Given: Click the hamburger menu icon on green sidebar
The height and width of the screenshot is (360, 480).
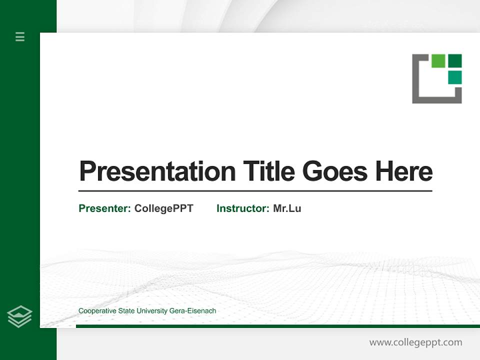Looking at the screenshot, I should pyautogui.click(x=20, y=36).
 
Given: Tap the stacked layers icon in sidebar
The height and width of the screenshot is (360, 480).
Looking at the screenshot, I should pyautogui.click(x=19, y=316).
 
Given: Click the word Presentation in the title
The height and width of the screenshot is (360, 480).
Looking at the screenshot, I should pyautogui.click(x=157, y=171).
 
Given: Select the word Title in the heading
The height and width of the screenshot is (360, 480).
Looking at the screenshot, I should pyautogui.click(x=268, y=171).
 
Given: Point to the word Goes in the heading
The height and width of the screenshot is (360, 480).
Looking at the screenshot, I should pyautogui.click(x=335, y=171).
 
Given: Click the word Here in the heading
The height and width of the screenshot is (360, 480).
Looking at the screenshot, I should pyautogui.click(x=403, y=171).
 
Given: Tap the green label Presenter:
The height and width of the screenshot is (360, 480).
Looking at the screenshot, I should pyautogui.click(x=104, y=208).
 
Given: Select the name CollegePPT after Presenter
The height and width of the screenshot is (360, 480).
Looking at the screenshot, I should pyautogui.click(x=163, y=208).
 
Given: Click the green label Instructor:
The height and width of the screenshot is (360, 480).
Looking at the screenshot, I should pyautogui.click(x=242, y=208).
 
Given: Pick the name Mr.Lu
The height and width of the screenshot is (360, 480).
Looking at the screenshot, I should pyautogui.click(x=287, y=208).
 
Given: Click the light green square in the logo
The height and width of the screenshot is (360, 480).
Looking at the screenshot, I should pyautogui.click(x=438, y=60).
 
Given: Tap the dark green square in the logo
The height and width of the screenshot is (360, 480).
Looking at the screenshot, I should pyautogui.click(x=454, y=60).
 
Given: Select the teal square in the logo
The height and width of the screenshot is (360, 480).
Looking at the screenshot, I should pyautogui.click(x=454, y=77).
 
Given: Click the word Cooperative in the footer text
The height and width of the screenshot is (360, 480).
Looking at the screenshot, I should pyautogui.click(x=97, y=311).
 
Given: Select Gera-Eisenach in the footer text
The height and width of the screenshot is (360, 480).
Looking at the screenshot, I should pyautogui.click(x=193, y=311).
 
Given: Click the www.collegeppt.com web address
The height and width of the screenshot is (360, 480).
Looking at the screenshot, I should pyautogui.click(x=415, y=342).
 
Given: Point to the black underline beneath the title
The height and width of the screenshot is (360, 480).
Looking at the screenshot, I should pyautogui.click(x=255, y=190).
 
